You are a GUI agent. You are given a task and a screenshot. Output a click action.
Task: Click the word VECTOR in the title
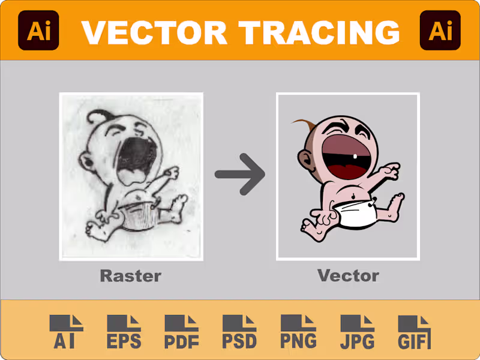click(154, 31)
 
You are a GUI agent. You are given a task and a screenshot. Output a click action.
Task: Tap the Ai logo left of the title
click(39, 30)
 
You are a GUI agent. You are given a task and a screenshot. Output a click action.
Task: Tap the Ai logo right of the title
click(440, 30)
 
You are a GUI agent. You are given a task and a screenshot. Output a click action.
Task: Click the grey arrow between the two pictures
click(240, 175)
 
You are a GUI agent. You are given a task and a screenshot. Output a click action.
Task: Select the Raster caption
click(130, 276)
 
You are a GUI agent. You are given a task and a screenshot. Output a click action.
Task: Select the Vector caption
click(348, 276)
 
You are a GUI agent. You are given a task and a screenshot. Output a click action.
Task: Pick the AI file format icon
click(67, 332)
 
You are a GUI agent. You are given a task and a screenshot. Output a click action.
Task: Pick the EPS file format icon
click(124, 332)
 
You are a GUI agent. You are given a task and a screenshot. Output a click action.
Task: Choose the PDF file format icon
click(182, 332)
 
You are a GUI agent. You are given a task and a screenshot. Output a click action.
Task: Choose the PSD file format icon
click(239, 332)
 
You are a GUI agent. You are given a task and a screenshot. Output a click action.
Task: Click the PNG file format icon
click(298, 332)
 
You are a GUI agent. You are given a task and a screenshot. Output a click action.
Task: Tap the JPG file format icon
click(357, 332)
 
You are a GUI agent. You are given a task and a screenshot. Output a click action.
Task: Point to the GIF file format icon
click(415, 332)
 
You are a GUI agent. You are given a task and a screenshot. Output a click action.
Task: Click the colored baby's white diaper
click(356, 214)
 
